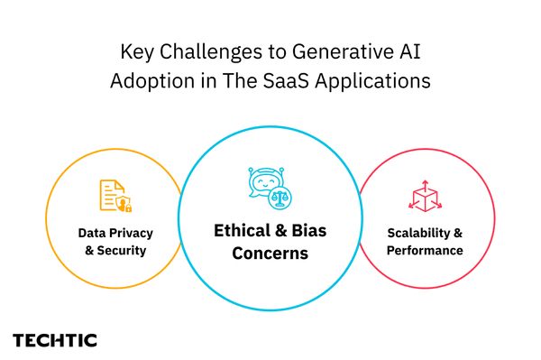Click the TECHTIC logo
(55, 340)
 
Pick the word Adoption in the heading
(149, 80)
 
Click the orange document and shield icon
(114, 196)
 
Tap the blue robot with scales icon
(271, 187)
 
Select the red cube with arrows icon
(425, 196)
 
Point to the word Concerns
(270, 254)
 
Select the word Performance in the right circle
(425, 250)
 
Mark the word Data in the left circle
(92, 233)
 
